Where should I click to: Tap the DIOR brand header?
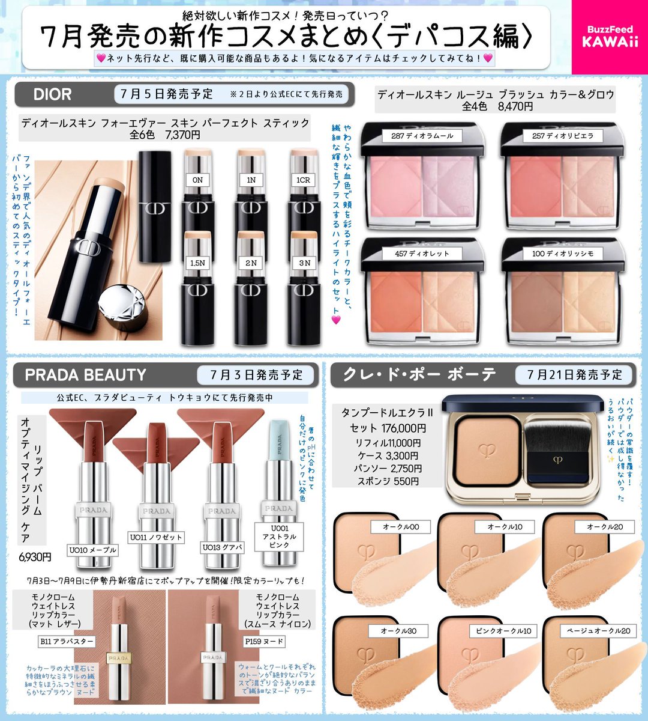pos(53,94)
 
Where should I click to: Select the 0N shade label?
pos(197,180)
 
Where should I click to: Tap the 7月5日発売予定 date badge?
pos(166,94)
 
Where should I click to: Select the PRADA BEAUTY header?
pos(85,375)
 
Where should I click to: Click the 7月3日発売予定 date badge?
pos(257,375)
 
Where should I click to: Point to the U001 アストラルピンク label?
pos(279,537)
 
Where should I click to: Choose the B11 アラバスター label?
pos(67,642)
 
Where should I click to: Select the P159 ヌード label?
pos(264,642)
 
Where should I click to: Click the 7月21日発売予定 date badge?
pos(575,375)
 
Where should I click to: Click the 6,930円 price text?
pos(35,558)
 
